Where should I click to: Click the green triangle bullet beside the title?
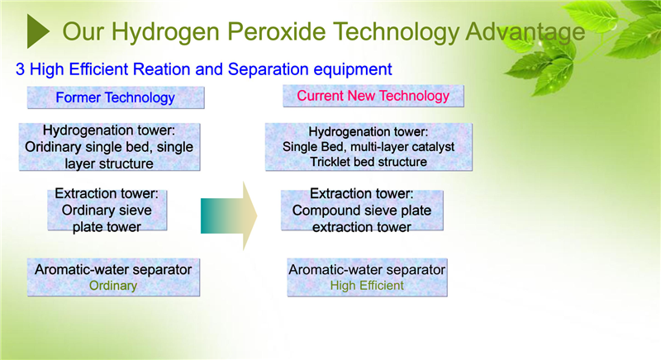37,31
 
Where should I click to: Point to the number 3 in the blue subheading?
20,69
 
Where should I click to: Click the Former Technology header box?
116,97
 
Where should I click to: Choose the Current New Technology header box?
373,96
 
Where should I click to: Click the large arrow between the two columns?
229,216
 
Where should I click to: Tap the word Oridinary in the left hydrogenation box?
53,147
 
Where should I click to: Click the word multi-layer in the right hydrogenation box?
366,147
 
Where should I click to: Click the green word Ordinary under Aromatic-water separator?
113,286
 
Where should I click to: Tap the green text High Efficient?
367,286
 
